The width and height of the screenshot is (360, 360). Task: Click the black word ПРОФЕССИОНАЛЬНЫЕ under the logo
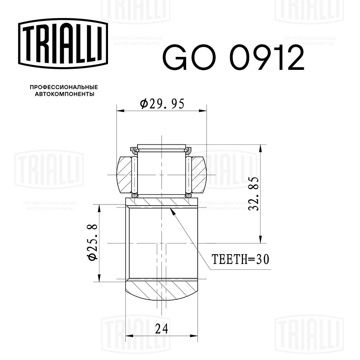pos(64,87)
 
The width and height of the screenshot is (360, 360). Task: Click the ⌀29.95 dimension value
pos(162,104)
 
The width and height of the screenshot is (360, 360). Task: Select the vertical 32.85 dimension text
pos(254,193)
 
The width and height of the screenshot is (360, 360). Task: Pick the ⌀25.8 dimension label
pos(92,242)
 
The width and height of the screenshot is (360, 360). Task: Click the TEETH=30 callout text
pos(240,259)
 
